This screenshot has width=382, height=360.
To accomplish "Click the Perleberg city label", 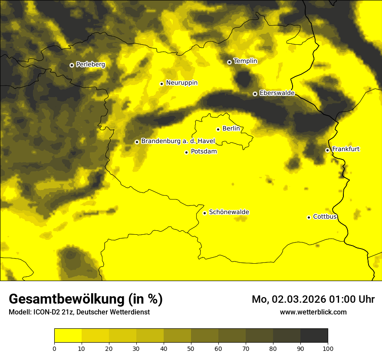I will [90, 65].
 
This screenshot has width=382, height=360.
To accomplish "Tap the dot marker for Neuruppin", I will [161, 84].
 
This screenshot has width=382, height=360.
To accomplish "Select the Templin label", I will [245, 61].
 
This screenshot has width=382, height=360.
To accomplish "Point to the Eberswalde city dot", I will [255, 94].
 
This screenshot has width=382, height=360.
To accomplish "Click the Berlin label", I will [231, 128].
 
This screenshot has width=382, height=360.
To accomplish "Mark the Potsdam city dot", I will [186, 152].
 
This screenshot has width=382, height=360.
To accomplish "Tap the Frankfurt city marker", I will [327, 150].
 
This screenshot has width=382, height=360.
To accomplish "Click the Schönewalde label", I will [229, 212].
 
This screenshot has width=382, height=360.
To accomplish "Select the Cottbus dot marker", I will [309, 217].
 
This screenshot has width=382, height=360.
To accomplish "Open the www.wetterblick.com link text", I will [313, 312].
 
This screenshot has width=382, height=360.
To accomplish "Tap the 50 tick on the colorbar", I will [191, 348].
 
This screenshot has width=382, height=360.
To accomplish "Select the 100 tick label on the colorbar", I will [328, 348].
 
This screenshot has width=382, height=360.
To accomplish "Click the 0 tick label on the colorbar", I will [54, 348].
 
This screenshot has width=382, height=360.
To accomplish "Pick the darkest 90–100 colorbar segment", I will [314, 336].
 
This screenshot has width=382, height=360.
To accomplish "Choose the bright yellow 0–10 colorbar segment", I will [68, 336].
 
